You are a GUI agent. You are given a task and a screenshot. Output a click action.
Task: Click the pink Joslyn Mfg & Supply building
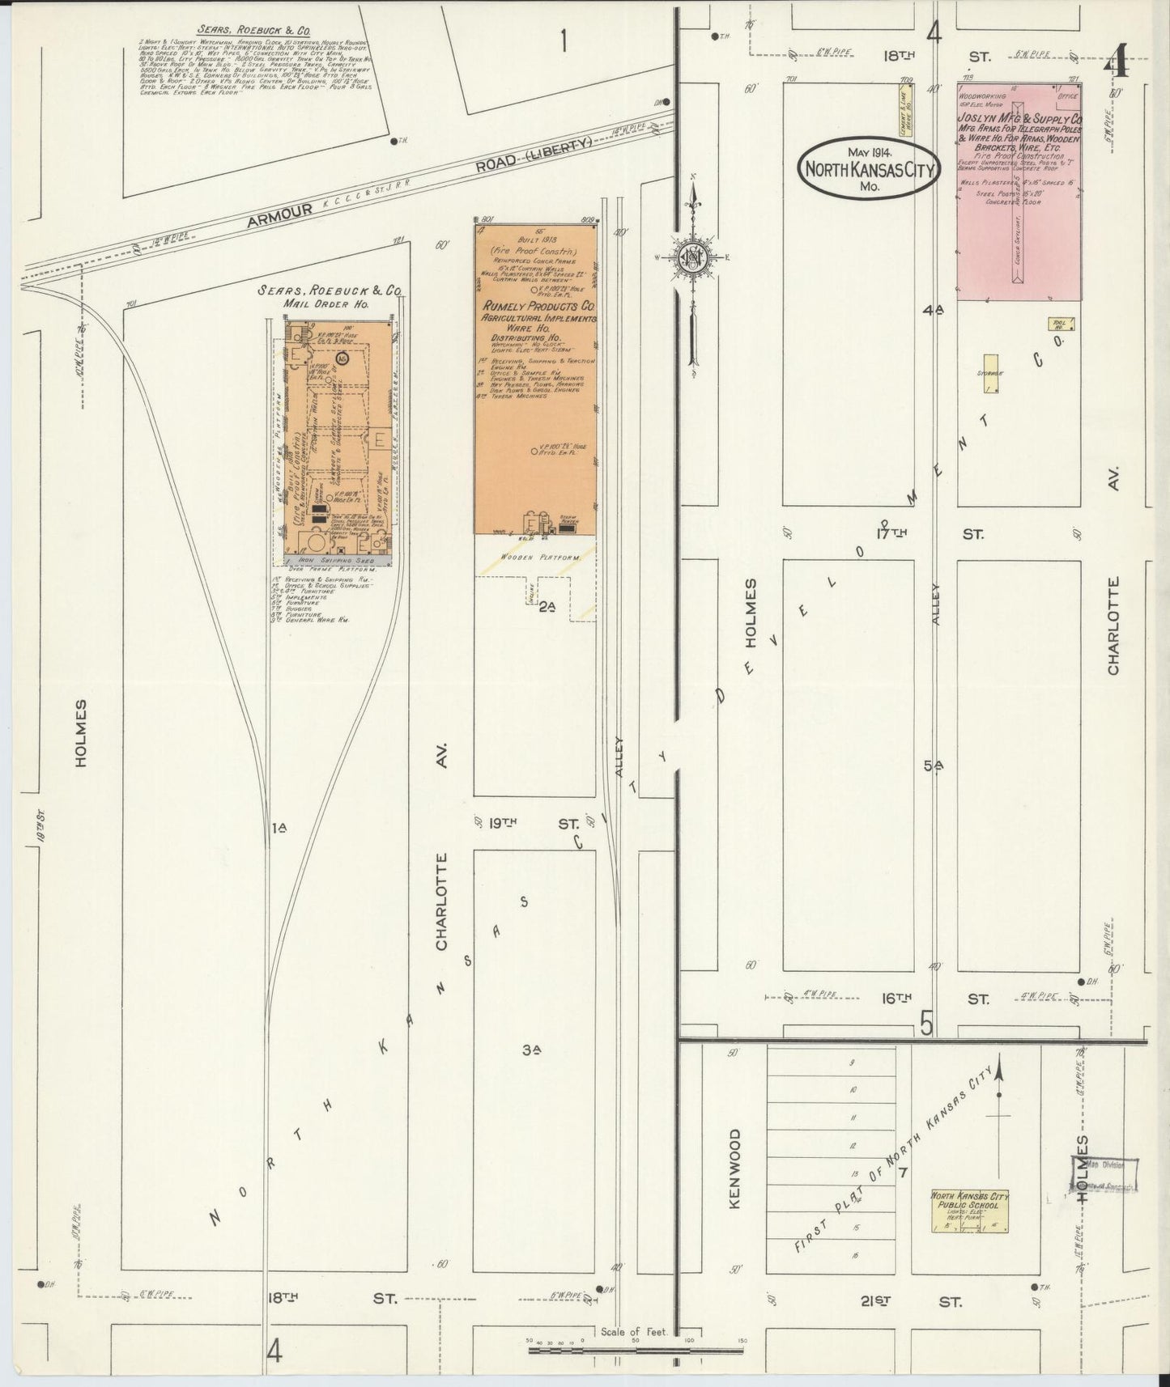click(x=1019, y=191)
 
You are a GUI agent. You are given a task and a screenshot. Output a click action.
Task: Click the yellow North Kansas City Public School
click(x=969, y=1211)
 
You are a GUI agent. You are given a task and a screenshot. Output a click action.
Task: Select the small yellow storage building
click(x=989, y=374)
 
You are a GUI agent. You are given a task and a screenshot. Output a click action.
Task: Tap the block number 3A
click(x=531, y=1050)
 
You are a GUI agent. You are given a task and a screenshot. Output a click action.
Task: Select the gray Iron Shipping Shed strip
click(x=338, y=558)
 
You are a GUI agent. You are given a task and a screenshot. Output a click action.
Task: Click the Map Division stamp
click(x=1105, y=1174)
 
